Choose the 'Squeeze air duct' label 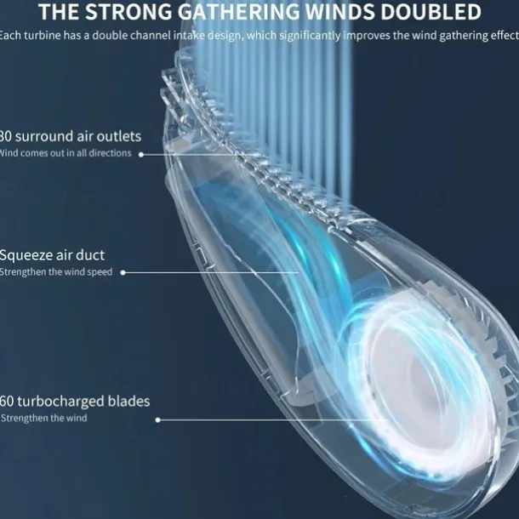(x=53, y=254)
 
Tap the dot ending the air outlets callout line (x=141, y=154)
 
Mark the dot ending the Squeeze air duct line (x=123, y=272)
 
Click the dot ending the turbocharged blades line (x=158, y=419)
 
